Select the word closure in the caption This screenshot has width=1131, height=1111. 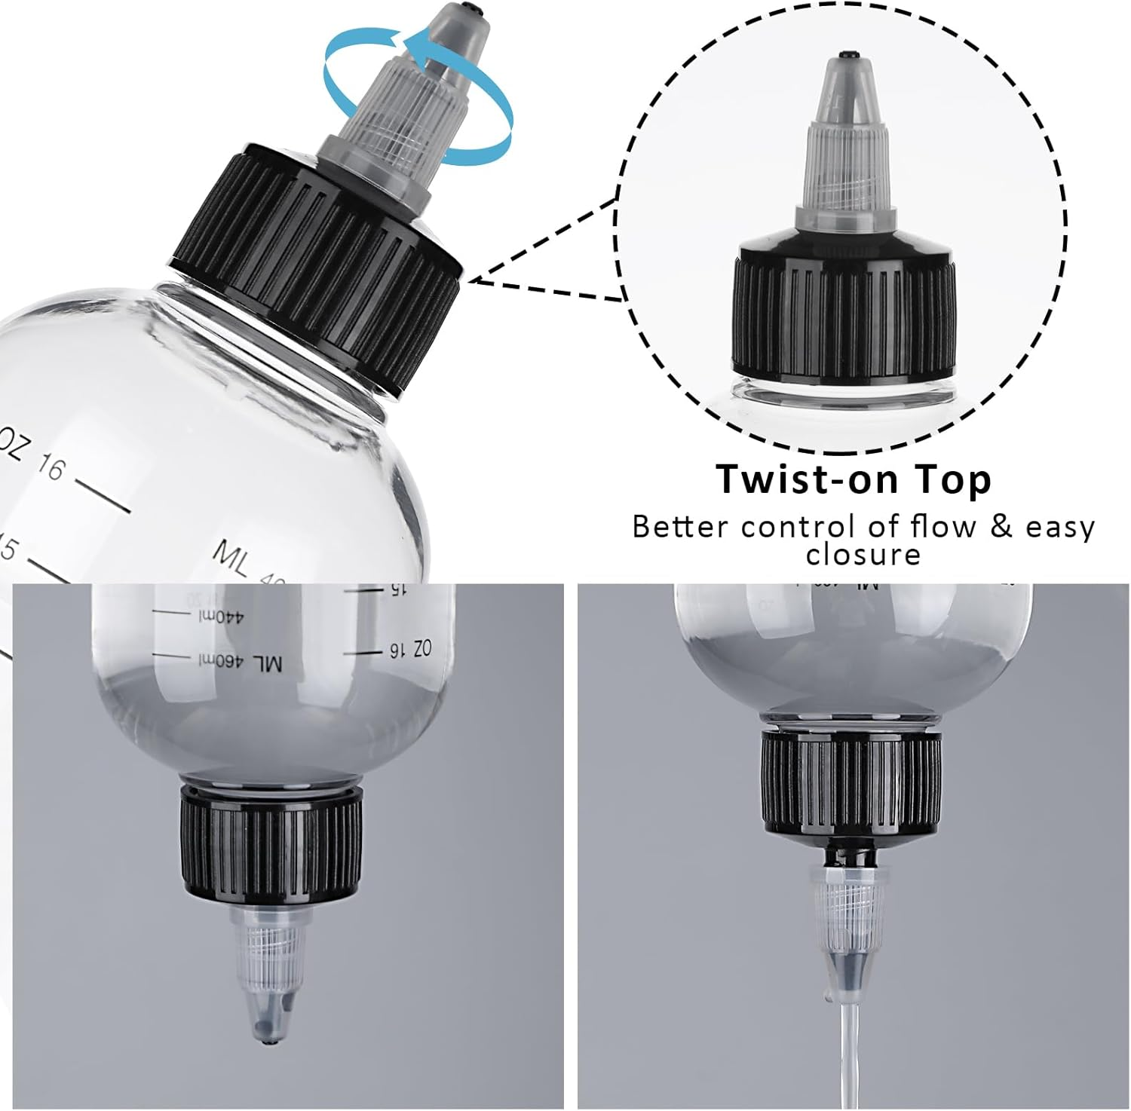[x=863, y=555]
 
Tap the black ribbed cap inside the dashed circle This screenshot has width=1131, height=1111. [x=844, y=317]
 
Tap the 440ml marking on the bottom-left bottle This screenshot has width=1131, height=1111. [x=222, y=617]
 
